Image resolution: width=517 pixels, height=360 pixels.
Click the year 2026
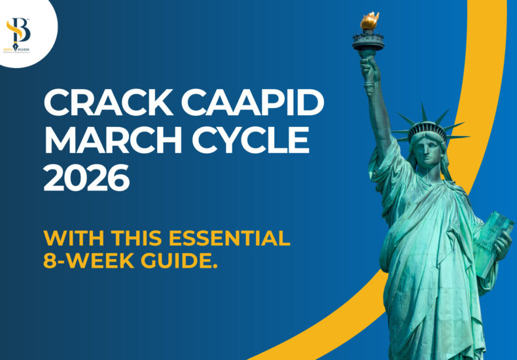point(86,178)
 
